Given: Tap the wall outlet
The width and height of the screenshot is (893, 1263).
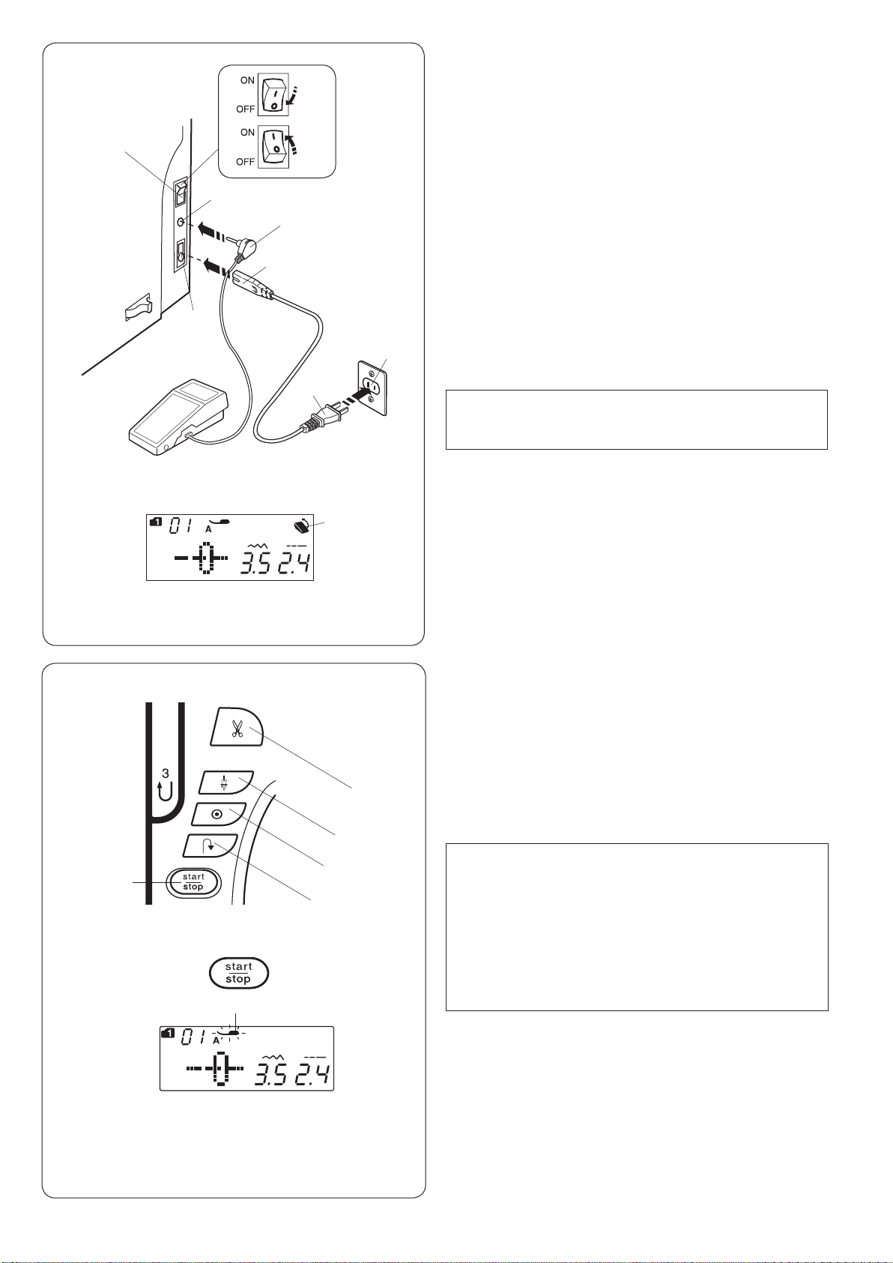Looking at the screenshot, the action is coord(372,388).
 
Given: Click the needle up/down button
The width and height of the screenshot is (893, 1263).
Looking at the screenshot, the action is coord(226,783).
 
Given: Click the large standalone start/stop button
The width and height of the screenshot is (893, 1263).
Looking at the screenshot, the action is coord(238,973).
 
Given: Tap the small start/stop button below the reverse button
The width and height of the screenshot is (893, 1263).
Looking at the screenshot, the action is coord(193,882).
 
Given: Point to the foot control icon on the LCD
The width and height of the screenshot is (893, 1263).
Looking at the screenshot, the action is coord(301,527).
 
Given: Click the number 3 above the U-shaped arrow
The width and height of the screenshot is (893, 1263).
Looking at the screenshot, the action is coord(165,774).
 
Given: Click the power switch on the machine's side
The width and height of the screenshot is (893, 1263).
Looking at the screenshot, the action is coord(180,193).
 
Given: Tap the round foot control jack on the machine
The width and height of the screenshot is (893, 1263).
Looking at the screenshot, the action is coord(181,222).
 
